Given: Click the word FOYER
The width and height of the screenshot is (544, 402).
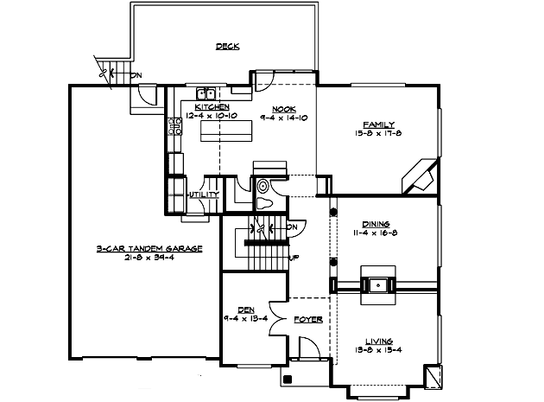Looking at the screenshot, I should click(x=308, y=320).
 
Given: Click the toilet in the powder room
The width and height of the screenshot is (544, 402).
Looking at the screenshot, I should click(x=265, y=203).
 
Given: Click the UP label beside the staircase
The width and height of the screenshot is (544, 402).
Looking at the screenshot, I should click(x=294, y=258).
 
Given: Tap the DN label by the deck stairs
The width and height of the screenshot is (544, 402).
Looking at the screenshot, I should click(x=136, y=76).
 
